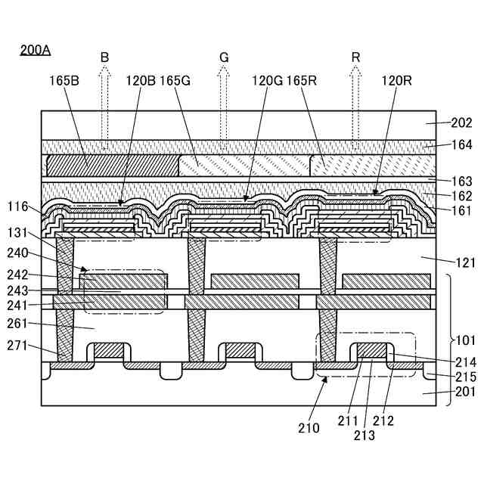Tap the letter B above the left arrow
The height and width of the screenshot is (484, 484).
[104, 57]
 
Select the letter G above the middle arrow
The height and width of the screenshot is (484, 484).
[224, 57]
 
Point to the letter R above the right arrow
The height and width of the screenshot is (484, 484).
[355, 57]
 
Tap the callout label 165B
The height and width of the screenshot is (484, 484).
[65, 80]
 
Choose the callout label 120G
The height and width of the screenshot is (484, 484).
[265, 80]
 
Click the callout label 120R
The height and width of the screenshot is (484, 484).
[396, 80]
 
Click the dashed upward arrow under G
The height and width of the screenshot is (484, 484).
[224, 106]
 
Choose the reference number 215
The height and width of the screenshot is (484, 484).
[461, 375]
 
